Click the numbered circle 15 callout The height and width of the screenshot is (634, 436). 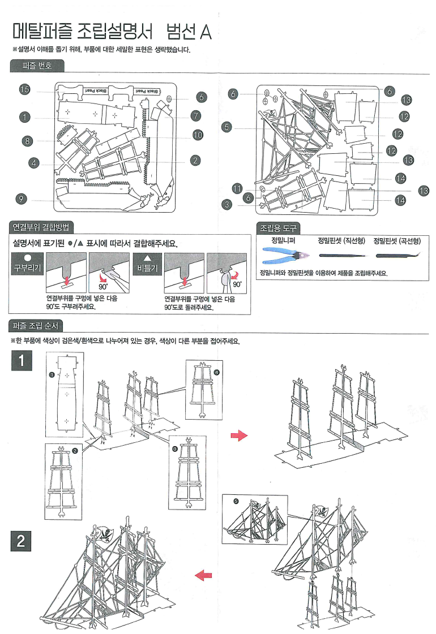(x=24, y=90)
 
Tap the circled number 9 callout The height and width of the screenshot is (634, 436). (x=21, y=199)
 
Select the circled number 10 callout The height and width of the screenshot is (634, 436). (x=197, y=135)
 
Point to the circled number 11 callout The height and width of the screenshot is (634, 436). (x=237, y=188)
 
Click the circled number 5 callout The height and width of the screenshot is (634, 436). (x=227, y=127)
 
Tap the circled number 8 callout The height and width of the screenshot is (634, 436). (x=27, y=141)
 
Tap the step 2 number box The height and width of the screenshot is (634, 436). (x=22, y=541)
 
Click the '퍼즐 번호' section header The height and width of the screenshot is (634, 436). (x=37, y=66)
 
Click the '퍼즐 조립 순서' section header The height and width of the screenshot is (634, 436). (x=37, y=326)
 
